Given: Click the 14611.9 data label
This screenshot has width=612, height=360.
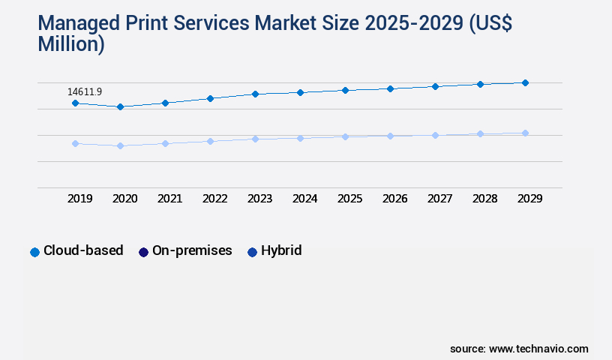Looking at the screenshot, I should (x=85, y=91).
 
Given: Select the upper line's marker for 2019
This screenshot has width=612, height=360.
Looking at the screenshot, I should (x=75, y=103).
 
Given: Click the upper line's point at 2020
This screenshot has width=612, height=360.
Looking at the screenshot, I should (x=120, y=106).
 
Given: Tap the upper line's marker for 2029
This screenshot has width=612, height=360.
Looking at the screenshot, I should (x=525, y=82).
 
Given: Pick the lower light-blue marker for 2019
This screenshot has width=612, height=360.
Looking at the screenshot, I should (x=75, y=143).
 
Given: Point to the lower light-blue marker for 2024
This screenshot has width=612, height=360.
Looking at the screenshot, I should (x=300, y=138).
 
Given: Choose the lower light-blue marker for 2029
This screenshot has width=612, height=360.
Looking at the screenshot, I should (x=525, y=133).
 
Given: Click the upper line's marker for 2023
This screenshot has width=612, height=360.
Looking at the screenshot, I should (x=255, y=94).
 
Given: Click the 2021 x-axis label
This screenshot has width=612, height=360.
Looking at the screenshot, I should (x=169, y=199).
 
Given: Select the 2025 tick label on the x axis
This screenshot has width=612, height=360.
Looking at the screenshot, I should (x=349, y=199).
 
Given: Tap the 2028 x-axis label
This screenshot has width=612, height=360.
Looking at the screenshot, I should (x=484, y=199).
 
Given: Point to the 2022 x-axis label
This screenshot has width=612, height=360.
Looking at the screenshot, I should (x=214, y=199).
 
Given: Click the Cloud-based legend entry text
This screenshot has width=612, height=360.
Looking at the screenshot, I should (x=83, y=250).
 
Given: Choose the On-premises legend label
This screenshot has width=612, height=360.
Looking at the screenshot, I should (x=192, y=250).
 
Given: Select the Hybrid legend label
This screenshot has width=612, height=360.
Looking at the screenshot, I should (x=281, y=250).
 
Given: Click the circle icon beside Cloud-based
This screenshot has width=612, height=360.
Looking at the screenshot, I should (x=34, y=252).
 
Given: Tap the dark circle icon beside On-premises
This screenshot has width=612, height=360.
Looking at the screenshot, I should (x=143, y=252).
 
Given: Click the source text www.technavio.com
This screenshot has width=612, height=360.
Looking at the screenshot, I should (x=538, y=349).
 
